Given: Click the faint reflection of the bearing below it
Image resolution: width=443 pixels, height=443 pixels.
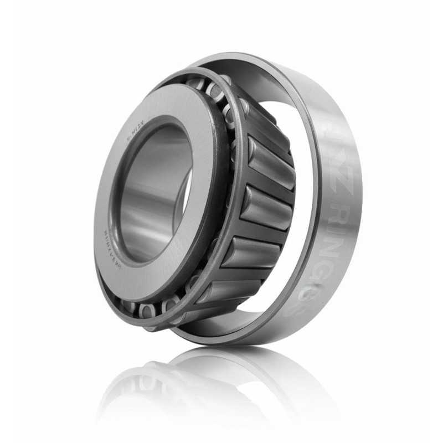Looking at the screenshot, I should click(221, 388).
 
